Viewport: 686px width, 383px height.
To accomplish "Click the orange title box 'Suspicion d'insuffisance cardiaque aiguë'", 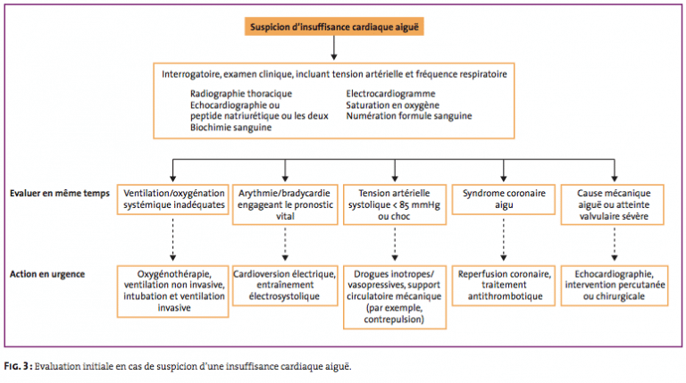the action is point(334,27).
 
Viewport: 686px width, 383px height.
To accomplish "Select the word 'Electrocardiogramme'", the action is point(390,94).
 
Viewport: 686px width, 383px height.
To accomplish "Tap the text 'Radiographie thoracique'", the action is point(241,94).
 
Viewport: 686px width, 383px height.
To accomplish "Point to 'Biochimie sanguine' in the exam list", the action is point(230,128).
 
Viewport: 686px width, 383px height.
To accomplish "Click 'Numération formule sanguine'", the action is point(409,116).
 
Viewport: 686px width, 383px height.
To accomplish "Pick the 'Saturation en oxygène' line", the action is point(392,105).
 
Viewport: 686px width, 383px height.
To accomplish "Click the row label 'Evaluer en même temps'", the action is point(60,193).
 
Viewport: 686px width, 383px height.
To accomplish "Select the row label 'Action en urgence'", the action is point(47,274).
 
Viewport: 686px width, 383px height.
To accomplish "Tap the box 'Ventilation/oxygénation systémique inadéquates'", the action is point(172,199).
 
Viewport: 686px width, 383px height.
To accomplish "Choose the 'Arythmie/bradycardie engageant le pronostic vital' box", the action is point(285,204).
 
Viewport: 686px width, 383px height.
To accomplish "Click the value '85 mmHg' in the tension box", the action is point(420,204).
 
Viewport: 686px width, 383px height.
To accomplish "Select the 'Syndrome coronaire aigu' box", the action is point(504,199).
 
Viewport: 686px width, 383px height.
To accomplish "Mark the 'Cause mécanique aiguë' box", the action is point(613,204).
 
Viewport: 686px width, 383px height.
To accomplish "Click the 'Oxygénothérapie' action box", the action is point(172,291).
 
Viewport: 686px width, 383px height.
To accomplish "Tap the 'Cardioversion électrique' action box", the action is point(285,286).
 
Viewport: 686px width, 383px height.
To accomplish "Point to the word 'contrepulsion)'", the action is point(394,320).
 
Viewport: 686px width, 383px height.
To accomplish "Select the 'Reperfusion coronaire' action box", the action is point(504,286).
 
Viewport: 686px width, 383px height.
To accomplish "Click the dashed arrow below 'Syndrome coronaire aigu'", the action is point(504,239).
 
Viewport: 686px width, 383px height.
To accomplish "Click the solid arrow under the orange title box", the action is point(334,47).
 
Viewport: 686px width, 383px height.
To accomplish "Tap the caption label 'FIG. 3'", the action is point(17,366).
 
